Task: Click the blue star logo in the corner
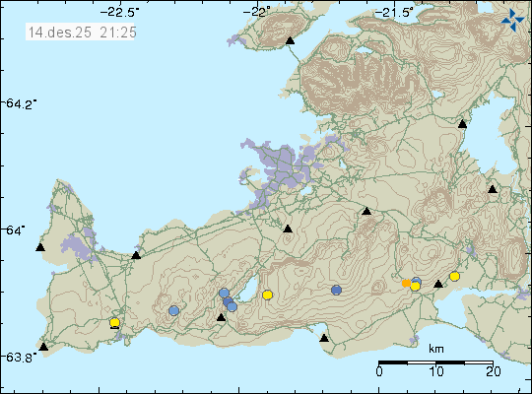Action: (512, 19)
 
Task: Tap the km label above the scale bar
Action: (436, 349)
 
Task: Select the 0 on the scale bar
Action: (380, 371)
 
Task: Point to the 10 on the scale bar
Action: (435, 371)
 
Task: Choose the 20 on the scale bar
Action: (492, 371)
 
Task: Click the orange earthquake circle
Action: (406, 284)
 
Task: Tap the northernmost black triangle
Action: (290, 41)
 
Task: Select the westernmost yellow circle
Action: (114, 322)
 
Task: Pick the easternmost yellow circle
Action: (454, 277)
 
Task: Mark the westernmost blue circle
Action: (173, 311)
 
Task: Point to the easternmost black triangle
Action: (493, 189)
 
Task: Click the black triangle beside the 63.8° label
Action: (43, 347)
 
